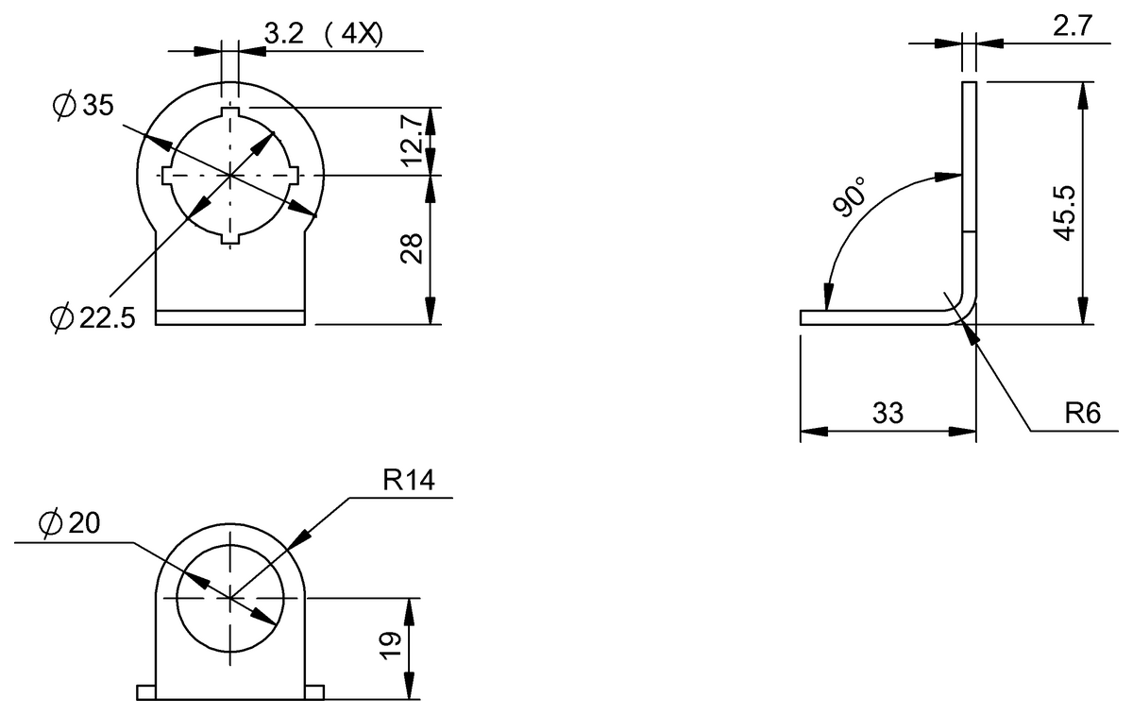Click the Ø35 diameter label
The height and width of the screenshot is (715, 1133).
tap(83, 106)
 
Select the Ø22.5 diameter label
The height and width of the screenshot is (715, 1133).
tap(93, 319)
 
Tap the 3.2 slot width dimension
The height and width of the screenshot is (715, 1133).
tap(282, 35)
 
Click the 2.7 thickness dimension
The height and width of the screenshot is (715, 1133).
tap(1071, 26)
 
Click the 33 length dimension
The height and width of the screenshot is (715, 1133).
tap(888, 414)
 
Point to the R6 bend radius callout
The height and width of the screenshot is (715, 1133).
tap(1083, 415)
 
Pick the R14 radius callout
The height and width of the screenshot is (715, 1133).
tap(408, 481)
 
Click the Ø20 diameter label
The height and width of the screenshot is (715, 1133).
tap(71, 523)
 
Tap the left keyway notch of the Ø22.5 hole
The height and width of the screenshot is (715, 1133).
tap(167, 176)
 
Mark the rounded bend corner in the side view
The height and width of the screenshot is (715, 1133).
tap(963, 309)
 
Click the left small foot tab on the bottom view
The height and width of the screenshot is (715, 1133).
tap(146, 693)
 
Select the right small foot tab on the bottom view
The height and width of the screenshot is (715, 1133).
tap(314, 693)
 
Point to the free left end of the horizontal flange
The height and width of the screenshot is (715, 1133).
tap(803, 317)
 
